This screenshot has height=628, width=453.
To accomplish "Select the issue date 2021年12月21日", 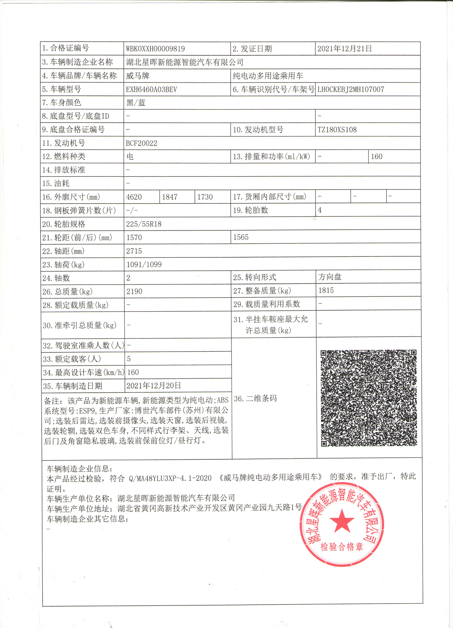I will [344, 49].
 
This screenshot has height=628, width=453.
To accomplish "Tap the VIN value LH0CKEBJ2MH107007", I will [351, 89].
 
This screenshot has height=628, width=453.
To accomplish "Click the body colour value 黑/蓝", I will [136, 103].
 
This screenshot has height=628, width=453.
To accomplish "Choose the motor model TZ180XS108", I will [337, 130].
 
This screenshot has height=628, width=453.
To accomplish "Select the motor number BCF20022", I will [142, 143].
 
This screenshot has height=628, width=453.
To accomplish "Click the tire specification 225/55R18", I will [144, 224].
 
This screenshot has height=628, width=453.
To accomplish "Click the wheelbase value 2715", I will [134, 251].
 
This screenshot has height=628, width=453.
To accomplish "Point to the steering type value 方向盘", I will [330, 277].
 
